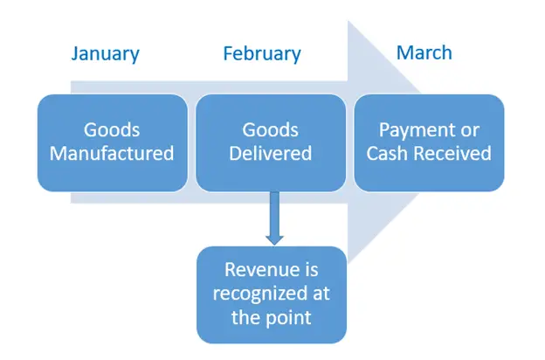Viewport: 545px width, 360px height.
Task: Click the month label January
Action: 106,54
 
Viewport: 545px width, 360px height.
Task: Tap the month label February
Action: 262,54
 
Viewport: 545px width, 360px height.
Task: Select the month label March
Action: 424,53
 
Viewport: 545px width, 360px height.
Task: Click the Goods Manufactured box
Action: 113,142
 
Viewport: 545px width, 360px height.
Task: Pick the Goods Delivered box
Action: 271,142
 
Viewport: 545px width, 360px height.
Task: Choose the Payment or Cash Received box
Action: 429,142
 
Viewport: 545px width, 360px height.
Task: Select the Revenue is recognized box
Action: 272,295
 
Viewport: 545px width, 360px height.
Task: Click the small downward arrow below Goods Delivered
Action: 274,218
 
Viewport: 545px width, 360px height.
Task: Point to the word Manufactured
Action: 112,154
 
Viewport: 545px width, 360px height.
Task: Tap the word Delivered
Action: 271,154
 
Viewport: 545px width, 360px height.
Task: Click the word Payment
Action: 412,131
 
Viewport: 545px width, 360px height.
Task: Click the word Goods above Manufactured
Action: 112,130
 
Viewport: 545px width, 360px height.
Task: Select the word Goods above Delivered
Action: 271,130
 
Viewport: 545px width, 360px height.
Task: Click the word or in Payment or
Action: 470,131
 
